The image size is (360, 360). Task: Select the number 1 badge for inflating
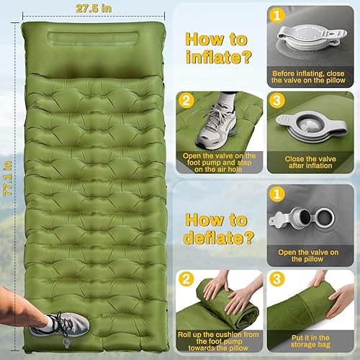click(x=278, y=14)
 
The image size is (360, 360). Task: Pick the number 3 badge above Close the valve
click(x=278, y=102)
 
